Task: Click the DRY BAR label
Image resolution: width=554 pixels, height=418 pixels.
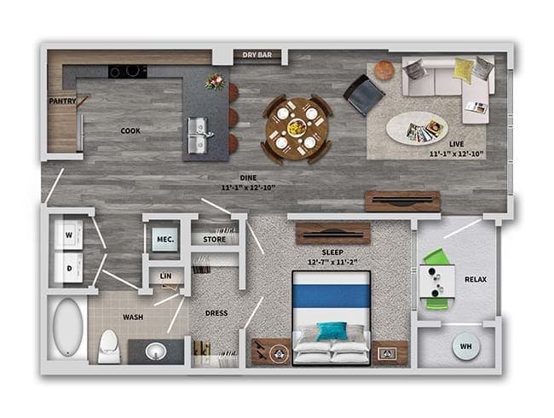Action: (257, 55)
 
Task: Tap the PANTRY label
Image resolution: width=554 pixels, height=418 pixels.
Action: (62, 102)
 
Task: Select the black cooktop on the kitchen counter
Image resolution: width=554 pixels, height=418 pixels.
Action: (128, 72)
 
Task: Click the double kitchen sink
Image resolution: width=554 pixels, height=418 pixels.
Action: (197, 136)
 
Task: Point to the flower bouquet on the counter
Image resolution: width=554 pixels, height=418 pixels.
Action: (215, 82)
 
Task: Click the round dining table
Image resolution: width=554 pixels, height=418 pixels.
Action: (297, 129)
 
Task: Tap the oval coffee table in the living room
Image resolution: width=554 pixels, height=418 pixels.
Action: (417, 128)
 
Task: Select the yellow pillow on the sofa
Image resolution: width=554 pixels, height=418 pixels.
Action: (464, 69)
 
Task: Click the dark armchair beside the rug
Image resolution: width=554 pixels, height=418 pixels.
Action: (364, 95)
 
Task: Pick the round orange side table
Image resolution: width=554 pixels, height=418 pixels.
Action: (384, 70)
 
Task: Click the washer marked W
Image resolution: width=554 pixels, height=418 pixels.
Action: (68, 235)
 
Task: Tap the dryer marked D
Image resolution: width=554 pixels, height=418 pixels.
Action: (68, 268)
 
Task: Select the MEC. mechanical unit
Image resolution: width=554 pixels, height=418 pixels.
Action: (165, 240)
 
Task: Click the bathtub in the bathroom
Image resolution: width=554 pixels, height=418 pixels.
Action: (68, 327)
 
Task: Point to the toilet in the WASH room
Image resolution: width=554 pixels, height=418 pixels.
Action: (109, 346)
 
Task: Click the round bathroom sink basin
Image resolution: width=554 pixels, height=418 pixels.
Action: (156, 351)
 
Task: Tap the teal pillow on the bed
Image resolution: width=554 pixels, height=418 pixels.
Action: (332, 331)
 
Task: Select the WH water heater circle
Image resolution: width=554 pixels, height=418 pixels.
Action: (466, 346)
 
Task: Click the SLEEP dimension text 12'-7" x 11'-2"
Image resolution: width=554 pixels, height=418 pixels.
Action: (332, 263)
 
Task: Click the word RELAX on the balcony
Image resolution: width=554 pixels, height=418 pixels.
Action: (476, 279)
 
